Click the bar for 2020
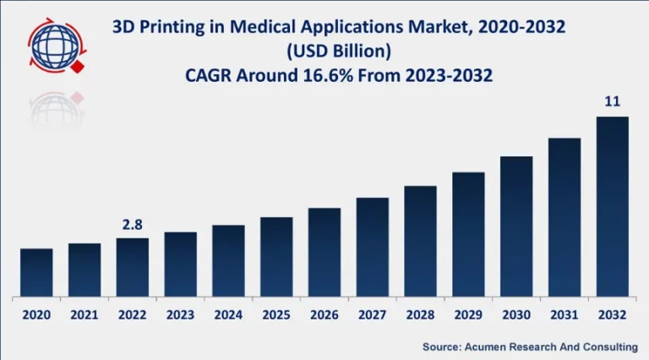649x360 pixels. (36, 273)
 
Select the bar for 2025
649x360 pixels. (276, 257)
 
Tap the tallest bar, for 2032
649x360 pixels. (613, 207)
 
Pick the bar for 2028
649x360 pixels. (420, 242)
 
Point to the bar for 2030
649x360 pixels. (516, 226)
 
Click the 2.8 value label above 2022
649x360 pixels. (133, 226)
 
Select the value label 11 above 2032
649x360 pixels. (613, 101)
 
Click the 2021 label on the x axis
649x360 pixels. (85, 314)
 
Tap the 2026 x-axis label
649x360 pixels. (324, 314)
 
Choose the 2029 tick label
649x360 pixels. (468, 314)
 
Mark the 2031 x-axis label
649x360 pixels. (564, 314)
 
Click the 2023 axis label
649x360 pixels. (180, 314)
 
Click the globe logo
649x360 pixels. (53, 46)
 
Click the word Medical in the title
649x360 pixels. (258, 28)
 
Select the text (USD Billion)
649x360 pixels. (338, 52)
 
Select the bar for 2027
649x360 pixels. (372, 248)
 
